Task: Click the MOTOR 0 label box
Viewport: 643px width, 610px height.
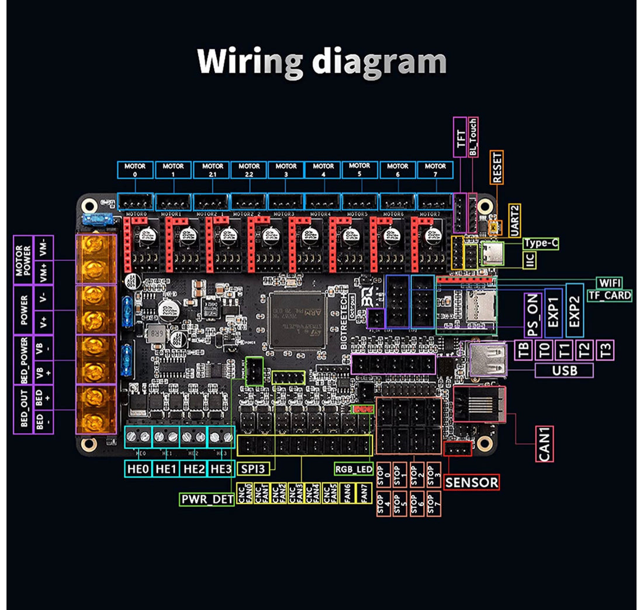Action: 135,170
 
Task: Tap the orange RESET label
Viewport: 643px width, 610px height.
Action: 497,167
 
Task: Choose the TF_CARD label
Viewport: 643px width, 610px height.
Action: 609,295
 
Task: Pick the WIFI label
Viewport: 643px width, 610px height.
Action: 610,283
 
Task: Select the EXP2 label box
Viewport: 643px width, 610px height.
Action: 575,311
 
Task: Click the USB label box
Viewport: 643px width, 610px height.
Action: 564,370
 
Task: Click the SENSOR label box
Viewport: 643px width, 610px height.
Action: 472,483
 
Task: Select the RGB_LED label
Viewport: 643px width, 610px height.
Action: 354,468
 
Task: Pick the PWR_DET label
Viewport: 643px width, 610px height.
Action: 206,500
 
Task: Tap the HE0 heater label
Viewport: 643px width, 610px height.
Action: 138,468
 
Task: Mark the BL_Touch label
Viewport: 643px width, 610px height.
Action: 473,137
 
